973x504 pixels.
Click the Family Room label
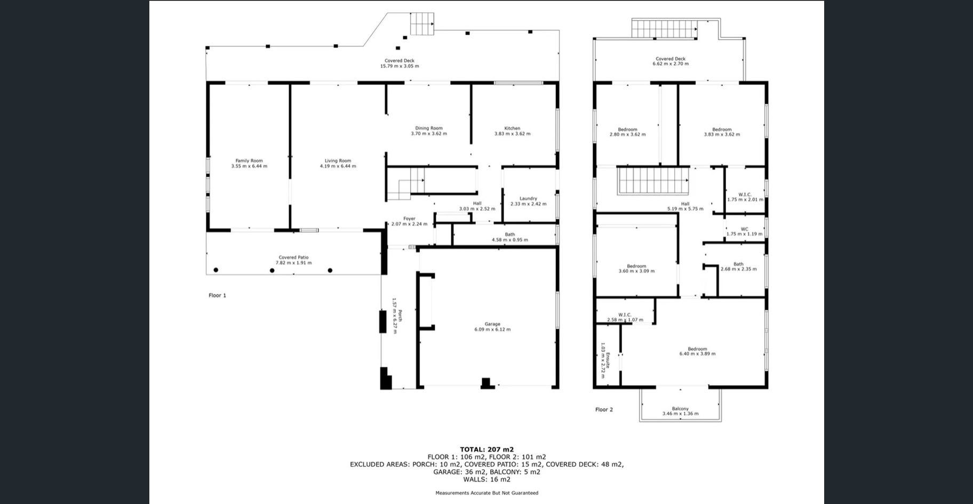point(249,161)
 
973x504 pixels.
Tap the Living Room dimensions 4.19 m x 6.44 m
point(338,166)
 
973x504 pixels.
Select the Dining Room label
point(429,128)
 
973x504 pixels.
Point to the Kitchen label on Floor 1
point(512,128)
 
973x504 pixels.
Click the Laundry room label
point(528,199)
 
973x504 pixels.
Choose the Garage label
point(492,324)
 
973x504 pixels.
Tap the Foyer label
point(409,218)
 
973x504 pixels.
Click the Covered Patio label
point(293,257)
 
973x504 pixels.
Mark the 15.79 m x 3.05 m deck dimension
point(400,66)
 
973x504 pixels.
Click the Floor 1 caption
point(217,295)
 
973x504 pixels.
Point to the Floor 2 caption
point(604,409)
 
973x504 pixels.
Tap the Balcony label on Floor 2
point(680,408)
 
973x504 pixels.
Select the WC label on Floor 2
point(744,229)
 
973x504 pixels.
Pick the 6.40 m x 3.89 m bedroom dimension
point(697,353)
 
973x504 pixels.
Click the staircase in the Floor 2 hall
point(653,181)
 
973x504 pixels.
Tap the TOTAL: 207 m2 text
point(486,450)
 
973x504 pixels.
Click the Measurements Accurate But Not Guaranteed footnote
point(486,493)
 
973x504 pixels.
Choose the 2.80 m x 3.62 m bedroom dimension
point(627,134)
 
